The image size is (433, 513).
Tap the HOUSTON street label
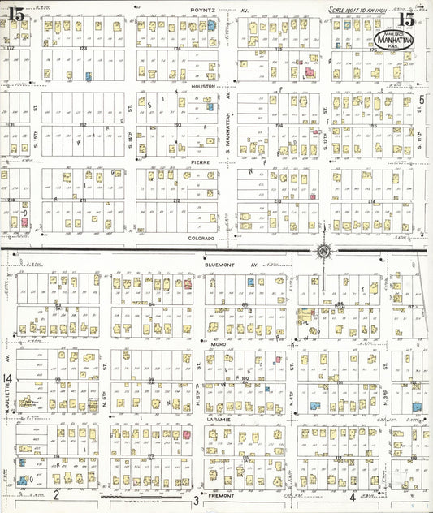point(202,86)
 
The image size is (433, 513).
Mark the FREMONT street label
point(222,494)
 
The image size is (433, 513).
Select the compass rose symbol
point(323,250)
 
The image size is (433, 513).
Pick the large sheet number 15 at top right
point(407,17)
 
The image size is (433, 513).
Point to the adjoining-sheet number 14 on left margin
point(6,379)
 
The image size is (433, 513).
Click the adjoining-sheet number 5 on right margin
point(422,101)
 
